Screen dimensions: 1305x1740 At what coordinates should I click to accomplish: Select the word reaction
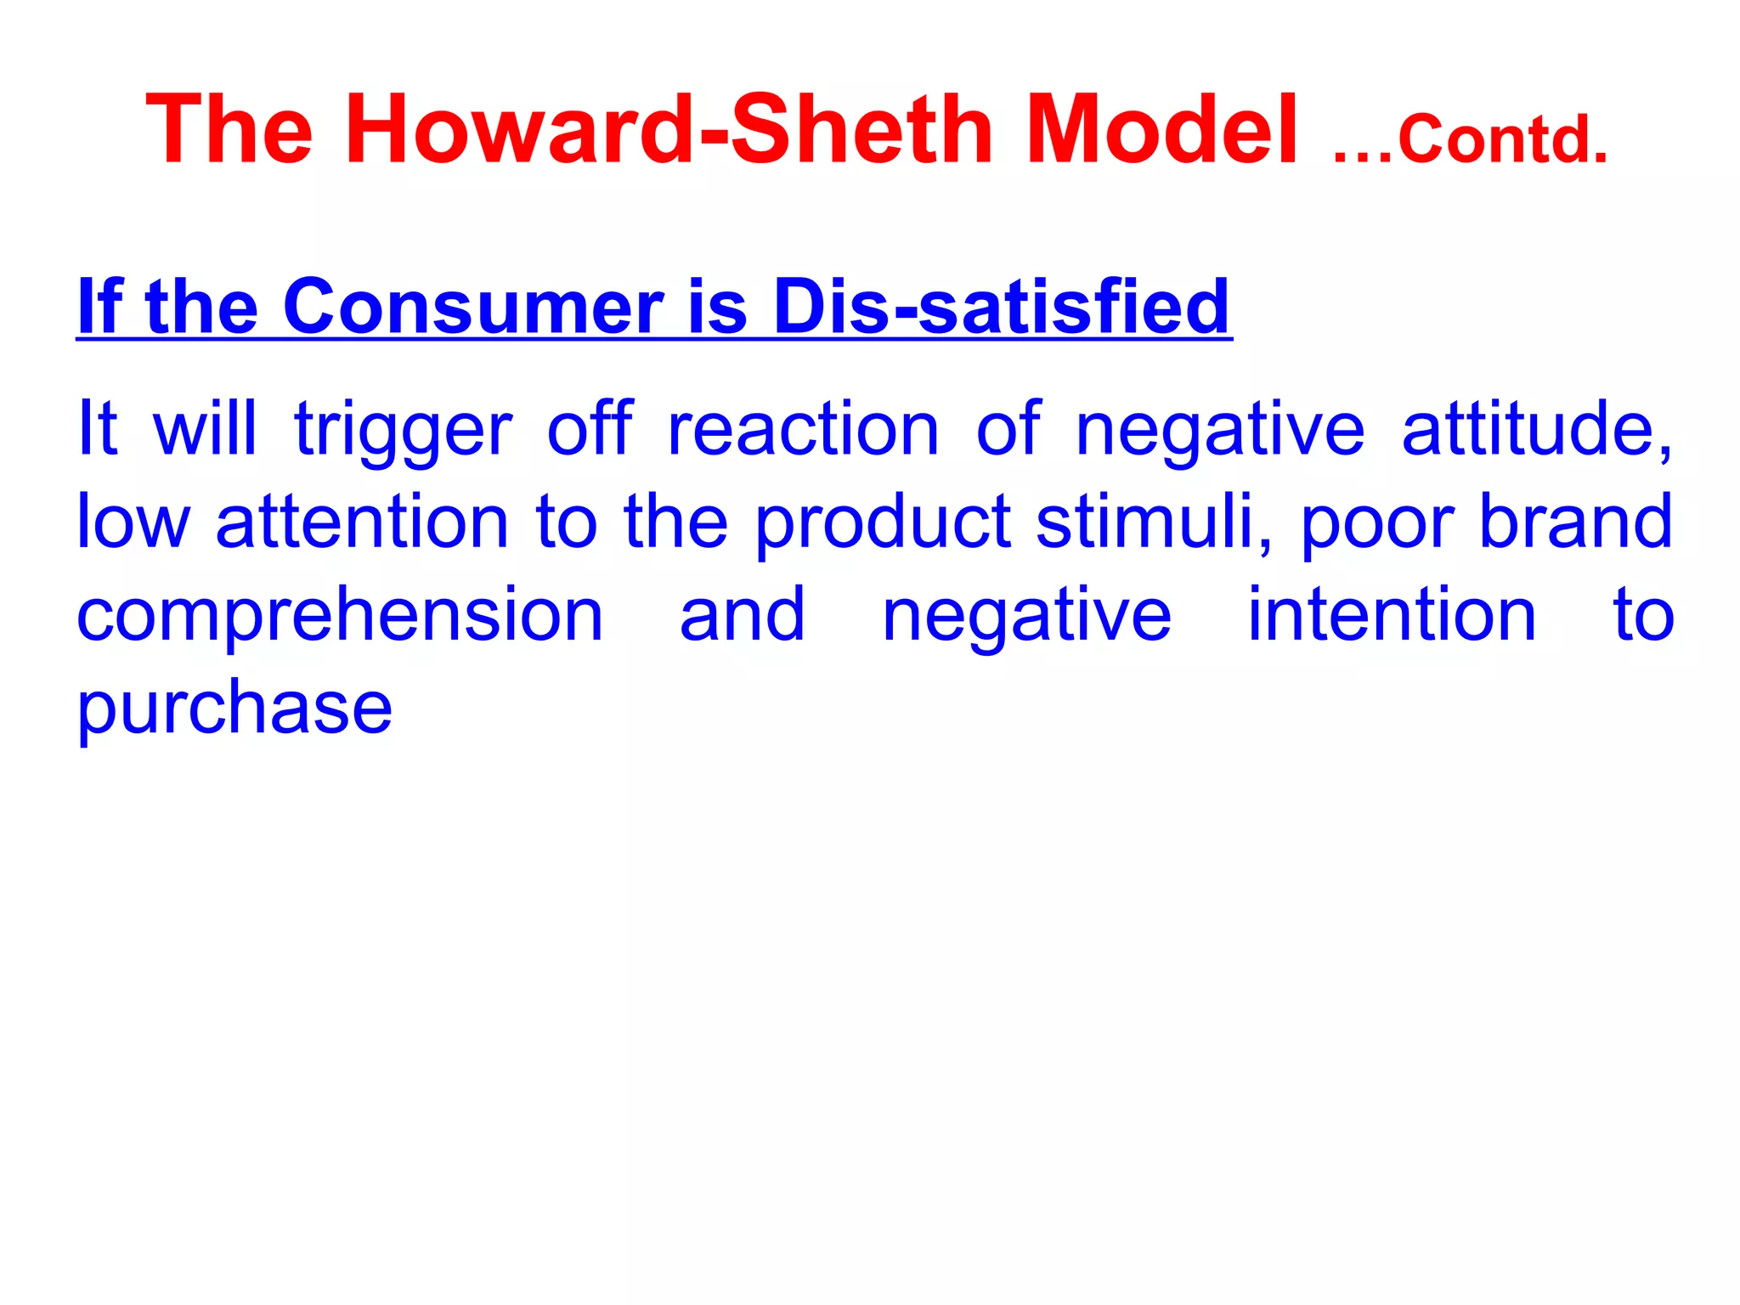[x=803, y=429]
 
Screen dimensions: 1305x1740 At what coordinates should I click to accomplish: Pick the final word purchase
[x=234, y=709]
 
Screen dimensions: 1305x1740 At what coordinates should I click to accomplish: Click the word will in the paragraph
[x=205, y=428]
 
